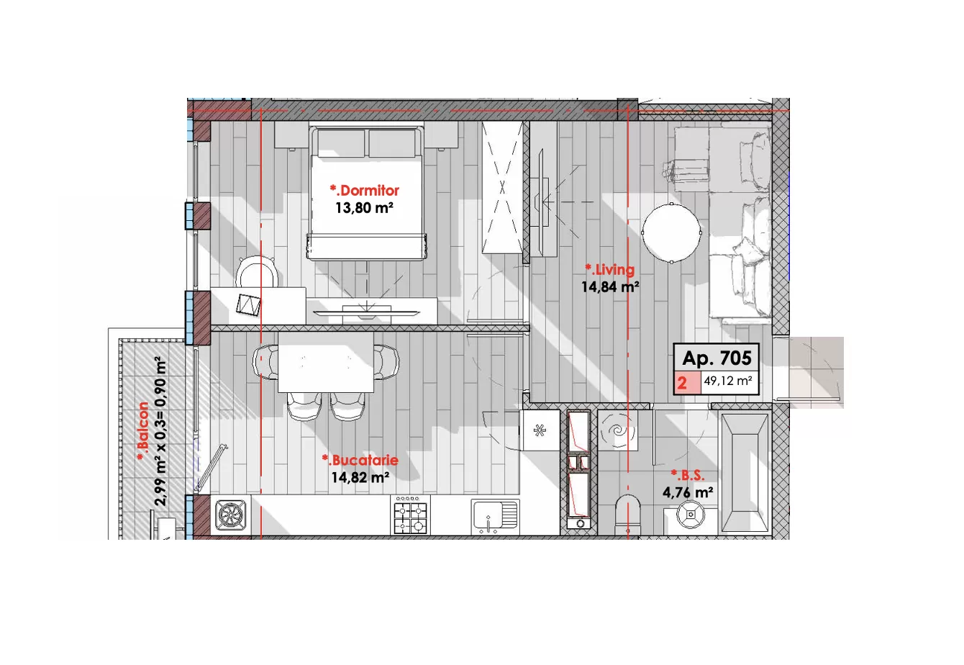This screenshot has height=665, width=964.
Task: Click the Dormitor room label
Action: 365,190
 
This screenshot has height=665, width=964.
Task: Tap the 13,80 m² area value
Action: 364,208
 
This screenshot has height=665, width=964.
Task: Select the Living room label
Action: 610,269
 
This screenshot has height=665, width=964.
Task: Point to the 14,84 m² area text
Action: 610,286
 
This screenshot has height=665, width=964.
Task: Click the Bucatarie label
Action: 360,460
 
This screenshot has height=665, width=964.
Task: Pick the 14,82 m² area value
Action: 360,477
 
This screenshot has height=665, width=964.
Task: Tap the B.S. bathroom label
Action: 688,476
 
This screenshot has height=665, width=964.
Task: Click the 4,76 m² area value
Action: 688,492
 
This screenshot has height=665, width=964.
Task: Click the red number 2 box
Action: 687,382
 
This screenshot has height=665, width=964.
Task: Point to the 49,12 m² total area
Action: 728,381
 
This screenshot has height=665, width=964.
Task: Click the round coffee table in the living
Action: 672,233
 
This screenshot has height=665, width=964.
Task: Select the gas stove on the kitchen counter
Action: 411,515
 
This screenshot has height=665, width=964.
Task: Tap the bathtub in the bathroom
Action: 745,473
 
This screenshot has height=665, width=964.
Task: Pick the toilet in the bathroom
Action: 628,515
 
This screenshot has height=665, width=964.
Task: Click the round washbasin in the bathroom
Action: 691,515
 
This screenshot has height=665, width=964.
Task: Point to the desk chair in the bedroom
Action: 255,272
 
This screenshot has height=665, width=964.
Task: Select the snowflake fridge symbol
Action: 540,430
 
